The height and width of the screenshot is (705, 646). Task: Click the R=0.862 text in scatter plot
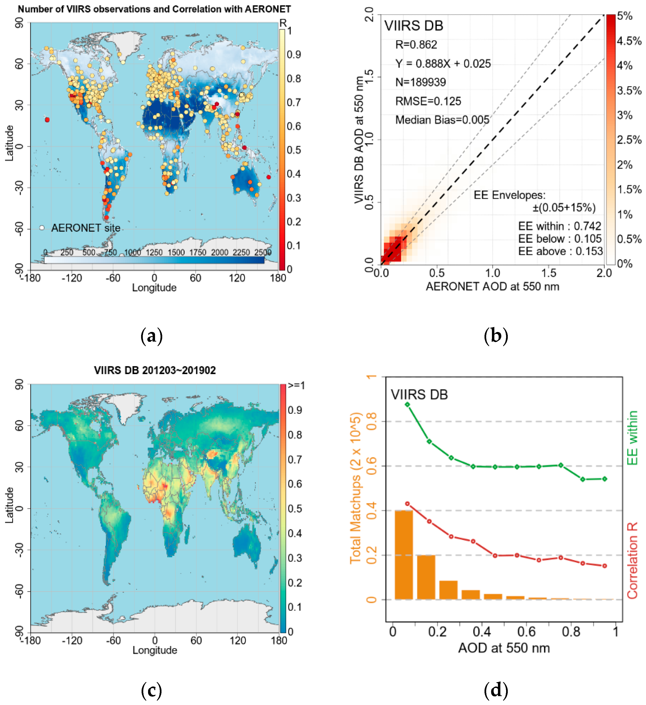(416, 45)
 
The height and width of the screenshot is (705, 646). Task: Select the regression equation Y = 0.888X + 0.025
(443, 64)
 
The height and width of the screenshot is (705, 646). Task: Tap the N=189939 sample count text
(420, 82)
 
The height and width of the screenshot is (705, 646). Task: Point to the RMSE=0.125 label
(428, 101)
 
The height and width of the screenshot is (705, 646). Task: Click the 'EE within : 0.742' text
(559, 226)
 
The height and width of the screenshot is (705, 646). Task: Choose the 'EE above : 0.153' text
(560, 251)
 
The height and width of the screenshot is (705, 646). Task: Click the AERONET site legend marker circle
(42, 228)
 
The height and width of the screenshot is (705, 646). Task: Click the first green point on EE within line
(407, 405)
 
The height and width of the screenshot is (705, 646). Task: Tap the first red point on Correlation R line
(407, 504)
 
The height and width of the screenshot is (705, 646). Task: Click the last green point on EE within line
(605, 479)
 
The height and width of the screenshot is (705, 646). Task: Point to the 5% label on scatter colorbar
(625, 16)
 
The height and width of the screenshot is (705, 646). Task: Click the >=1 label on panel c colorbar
(296, 386)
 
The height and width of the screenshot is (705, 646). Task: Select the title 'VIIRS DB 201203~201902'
(155, 370)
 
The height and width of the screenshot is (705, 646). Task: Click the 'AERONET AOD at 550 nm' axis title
(492, 287)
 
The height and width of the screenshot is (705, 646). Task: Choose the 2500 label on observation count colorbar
(263, 252)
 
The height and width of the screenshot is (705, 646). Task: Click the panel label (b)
(496, 336)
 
